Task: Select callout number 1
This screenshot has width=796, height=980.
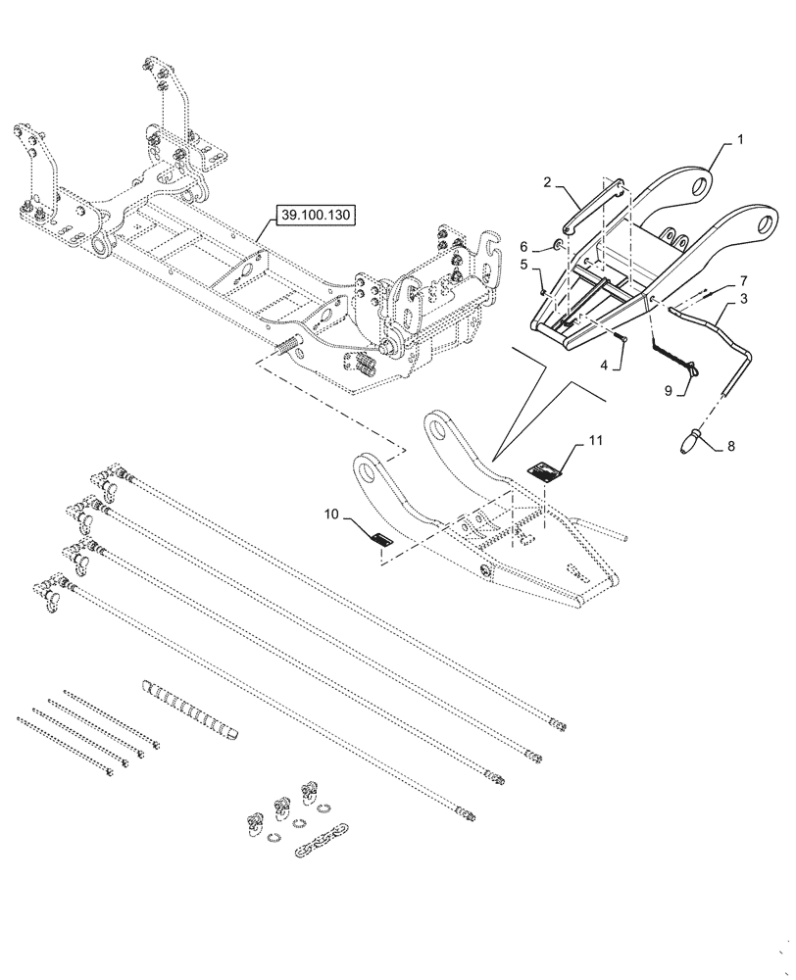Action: click(x=740, y=140)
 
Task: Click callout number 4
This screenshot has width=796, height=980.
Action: click(x=604, y=364)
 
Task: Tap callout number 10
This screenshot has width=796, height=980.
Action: click(x=330, y=514)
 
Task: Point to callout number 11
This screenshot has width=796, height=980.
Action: click(x=597, y=443)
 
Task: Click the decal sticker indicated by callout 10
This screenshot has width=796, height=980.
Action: click(x=381, y=537)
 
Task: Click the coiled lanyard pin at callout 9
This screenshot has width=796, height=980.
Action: click(x=673, y=355)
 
